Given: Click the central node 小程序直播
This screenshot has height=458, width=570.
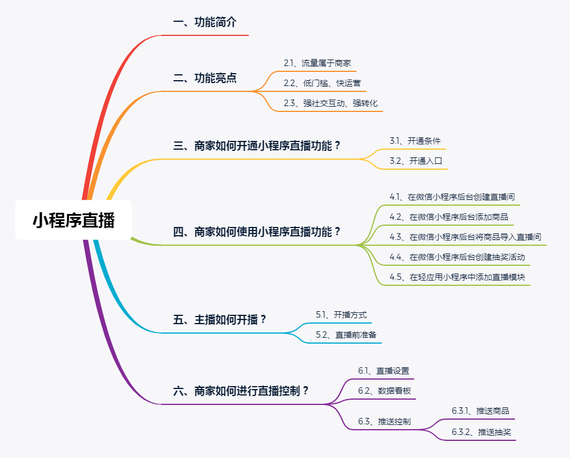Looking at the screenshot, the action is [x=74, y=220].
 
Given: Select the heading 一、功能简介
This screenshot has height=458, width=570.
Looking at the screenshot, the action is [x=205, y=22].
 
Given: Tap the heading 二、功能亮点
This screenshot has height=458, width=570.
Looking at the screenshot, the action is [x=205, y=78].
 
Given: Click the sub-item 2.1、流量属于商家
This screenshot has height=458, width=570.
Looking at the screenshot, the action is [x=317, y=63].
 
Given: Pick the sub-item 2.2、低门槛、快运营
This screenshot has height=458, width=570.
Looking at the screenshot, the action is [x=323, y=83].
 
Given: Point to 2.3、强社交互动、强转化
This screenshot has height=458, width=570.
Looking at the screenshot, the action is [x=331, y=103].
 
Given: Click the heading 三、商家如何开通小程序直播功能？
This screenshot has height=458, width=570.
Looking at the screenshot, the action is [x=257, y=146].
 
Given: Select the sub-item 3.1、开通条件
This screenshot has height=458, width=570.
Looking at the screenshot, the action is [x=415, y=141].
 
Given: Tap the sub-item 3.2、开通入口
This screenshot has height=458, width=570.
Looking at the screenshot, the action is [x=416, y=161].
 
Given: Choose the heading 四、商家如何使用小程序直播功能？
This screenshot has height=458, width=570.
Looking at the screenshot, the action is [x=257, y=232].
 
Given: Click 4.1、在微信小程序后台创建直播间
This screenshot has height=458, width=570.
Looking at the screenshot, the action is [x=452, y=197].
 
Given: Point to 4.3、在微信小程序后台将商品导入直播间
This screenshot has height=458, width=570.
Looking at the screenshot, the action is [x=465, y=237].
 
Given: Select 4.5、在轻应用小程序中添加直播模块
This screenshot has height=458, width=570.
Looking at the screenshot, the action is [x=458, y=277].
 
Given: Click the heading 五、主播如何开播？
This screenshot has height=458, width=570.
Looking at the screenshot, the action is [x=220, y=319].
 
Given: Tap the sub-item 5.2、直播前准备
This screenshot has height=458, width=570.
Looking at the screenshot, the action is [x=346, y=335].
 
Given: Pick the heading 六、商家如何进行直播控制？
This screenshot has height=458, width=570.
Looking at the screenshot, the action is [x=241, y=391].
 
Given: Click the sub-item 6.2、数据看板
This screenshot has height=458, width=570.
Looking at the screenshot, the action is [x=385, y=391].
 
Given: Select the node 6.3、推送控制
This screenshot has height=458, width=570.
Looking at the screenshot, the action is [x=385, y=421].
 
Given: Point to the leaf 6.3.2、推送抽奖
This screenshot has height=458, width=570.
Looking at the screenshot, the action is [x=481, y=432].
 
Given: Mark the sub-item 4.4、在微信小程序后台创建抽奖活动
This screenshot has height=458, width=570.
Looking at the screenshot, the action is [x=458, y=257].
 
